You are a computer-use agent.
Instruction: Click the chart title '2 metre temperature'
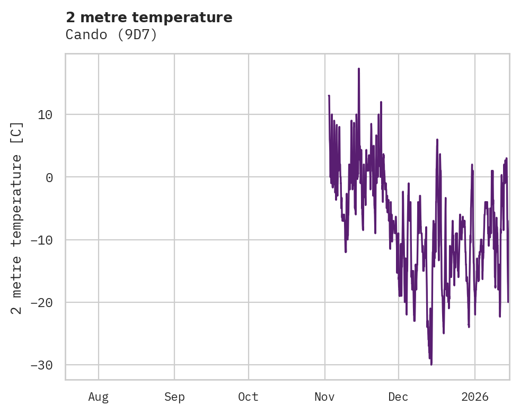click(149, 17)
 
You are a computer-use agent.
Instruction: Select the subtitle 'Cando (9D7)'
click(111, 35)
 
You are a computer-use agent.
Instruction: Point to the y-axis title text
click(17, 218)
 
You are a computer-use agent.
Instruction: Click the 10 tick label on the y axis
click(46, 115)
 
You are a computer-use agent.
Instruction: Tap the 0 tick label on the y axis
click(49, 177)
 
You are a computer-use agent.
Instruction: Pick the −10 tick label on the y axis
click(42, 240)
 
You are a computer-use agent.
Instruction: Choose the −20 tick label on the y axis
click(42, 303)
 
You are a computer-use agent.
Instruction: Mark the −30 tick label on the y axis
click(42, 365)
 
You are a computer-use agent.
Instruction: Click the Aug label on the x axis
click(99, 397)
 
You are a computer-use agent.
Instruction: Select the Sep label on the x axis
click(174, 397)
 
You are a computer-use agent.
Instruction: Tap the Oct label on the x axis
click(249, 397)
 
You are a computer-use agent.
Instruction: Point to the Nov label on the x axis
click(325, 397)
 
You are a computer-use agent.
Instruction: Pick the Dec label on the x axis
click(399, 397)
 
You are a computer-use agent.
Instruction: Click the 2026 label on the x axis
click(475, 397)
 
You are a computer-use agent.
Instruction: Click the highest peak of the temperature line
click(359, 69)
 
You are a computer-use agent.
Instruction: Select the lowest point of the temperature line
click(431, 365)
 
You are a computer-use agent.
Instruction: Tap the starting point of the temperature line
click(329, 96)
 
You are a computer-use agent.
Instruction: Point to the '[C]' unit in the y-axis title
click(17, 133)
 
